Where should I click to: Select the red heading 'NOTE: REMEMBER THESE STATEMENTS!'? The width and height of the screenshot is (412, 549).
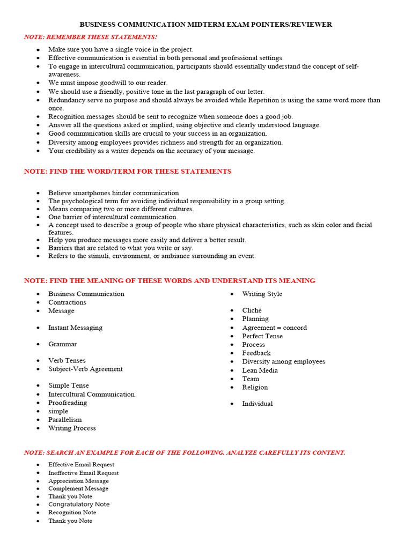tap(91, 36)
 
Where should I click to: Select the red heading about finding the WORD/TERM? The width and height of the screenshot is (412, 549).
tap(128, 172)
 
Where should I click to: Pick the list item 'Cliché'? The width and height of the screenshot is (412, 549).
tap(252, 310)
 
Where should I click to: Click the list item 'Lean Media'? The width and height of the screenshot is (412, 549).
tap(260, 370)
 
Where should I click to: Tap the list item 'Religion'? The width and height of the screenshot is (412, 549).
tap(255, 387)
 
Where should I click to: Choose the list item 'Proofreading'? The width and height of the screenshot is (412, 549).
tap(68, 403)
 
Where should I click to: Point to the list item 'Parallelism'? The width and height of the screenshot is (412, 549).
tap(65, 420)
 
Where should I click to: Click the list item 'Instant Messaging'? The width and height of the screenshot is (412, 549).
tap(75, 328)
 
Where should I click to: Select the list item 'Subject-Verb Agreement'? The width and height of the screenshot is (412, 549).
tap(85, 369)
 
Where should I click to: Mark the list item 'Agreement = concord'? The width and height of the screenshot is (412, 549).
tap(274, 328)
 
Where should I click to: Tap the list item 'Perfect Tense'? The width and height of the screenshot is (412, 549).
tap(262, 336)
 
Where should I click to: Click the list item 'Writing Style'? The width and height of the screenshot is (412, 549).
tap(262, 294)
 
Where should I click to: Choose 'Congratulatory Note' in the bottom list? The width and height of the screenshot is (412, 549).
tap(79, 505)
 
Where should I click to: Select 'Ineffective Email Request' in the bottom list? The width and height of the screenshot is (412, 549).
tap(84, 473)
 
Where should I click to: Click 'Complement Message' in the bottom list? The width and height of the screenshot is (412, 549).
tap(78, 488)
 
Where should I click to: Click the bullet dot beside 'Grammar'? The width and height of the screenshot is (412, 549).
tap(38, 344)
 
